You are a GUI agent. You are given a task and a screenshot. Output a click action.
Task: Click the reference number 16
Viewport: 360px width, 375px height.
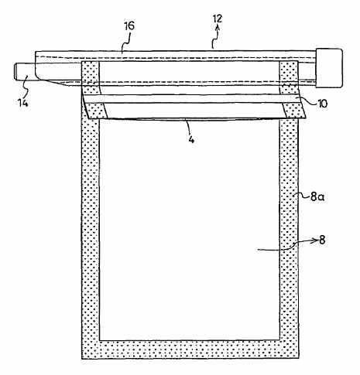coord(129,26)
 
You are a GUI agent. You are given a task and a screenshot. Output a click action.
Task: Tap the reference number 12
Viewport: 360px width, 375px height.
coord(218,19)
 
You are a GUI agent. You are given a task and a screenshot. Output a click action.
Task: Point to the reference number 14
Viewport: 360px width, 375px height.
coord(23,103)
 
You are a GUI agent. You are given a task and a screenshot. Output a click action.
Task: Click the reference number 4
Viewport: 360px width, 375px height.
coord(191,139)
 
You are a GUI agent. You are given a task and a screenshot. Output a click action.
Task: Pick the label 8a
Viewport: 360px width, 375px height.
coord(317,197)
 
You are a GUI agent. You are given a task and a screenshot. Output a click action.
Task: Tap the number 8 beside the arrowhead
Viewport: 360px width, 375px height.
coord(322,240)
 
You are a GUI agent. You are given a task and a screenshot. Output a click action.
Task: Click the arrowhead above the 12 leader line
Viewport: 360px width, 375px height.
coord(218,27)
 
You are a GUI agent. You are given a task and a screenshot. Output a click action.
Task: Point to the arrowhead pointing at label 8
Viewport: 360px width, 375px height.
coord(315,240)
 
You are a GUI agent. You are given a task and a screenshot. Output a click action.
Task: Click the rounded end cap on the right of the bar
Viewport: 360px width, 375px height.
coord(329,68)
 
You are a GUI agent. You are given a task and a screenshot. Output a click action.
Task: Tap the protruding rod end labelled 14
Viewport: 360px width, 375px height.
coord(24,72)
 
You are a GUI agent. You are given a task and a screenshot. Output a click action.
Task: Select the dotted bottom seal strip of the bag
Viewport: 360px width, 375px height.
coord(190,349)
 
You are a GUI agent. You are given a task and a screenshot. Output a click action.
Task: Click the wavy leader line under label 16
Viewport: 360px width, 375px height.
coord(125,43)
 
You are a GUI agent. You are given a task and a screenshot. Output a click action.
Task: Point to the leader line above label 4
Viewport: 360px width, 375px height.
coord(188,127)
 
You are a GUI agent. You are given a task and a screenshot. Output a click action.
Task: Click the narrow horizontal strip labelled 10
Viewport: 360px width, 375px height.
coord(192,99)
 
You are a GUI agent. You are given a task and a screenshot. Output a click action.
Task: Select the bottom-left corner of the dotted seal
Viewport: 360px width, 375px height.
coord(82,359)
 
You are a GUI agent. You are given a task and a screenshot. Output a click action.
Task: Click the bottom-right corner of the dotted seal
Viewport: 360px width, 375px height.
coord(299,359)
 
